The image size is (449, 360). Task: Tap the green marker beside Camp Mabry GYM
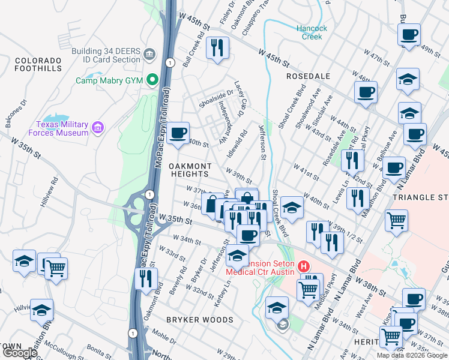[153, 79]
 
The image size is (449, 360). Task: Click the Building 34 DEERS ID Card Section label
[106, 55]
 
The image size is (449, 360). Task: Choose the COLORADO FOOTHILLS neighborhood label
[38, 65]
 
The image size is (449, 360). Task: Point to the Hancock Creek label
[312, 32]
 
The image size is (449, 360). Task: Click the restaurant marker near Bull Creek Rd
[217, 47]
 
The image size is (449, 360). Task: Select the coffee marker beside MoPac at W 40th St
[177, 133]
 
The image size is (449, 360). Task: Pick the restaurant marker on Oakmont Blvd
[146, 278]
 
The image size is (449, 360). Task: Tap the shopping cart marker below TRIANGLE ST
[396, 221]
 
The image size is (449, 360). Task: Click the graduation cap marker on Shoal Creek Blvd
[292, 207]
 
